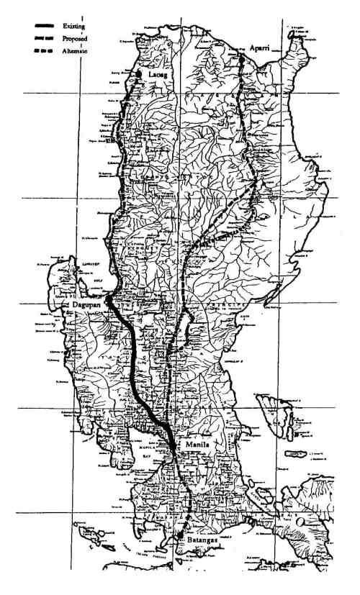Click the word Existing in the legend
point(73,26)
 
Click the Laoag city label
point(158,74)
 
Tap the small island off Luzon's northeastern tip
point(293,33)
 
